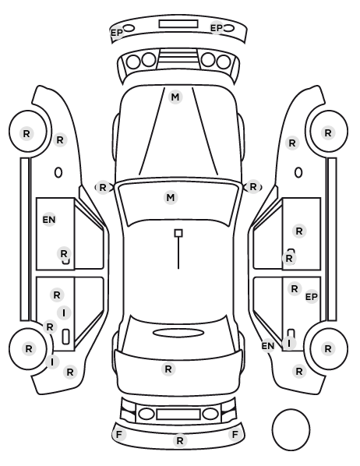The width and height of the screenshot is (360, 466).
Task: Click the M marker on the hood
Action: point(175,97)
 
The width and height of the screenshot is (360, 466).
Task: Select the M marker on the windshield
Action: point(171,198)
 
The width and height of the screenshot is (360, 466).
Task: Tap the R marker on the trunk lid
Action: point(168,369)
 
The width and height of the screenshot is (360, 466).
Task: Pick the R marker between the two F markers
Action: point(180,441)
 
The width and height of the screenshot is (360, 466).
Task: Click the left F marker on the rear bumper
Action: point(119,435)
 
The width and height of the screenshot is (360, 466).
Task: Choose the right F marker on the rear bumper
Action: point(235,435)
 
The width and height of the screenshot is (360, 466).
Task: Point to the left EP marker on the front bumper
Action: point(117,33)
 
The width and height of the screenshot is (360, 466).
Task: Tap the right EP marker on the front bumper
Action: point(217,28)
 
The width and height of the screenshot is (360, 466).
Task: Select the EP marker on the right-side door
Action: point(312,297)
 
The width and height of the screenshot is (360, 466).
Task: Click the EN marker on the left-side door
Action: point(49,220)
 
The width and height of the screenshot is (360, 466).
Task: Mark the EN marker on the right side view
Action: point(268,346)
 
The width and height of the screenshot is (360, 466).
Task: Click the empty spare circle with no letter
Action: point(291,430)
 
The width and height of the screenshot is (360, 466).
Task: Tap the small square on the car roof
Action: point(178,233)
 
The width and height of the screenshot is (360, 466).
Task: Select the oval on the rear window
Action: point(178,333)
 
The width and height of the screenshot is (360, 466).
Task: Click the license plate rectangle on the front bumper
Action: point(178,24)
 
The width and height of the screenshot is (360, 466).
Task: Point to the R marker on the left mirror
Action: point(103,188)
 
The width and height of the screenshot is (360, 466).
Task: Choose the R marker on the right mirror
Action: point(253,187)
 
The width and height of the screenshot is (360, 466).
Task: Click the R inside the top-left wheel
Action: point(26,134)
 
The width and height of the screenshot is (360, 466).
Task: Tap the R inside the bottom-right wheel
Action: point(328,348)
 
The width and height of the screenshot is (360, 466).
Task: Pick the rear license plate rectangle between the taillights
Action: point(178,414)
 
